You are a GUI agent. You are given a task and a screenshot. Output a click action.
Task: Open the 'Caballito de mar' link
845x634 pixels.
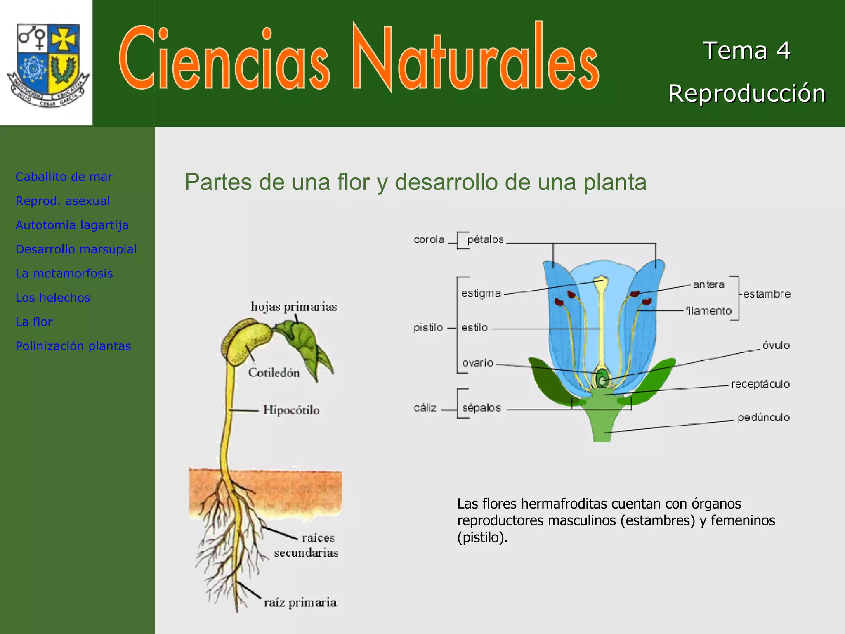(64, 177)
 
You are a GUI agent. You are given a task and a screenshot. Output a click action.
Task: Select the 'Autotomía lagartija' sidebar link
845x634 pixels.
(72, 225)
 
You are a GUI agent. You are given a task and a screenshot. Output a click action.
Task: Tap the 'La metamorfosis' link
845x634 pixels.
(64, 273)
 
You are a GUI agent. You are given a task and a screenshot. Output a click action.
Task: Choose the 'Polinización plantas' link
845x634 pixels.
(73, 346)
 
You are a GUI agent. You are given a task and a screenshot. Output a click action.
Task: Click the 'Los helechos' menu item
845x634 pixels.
(53, 298)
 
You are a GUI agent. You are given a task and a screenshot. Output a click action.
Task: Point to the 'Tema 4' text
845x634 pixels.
(746, 50)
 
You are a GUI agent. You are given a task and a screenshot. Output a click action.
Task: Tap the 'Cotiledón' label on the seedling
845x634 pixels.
(274, 373)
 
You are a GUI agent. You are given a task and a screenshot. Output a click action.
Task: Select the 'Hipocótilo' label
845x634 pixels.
(291, 410)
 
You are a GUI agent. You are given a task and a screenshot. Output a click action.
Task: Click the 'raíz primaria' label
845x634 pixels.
(300, 603)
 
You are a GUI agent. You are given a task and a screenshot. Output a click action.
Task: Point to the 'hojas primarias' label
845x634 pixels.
(294, 307)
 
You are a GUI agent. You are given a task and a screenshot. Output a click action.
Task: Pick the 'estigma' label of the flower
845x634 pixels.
(481, 293)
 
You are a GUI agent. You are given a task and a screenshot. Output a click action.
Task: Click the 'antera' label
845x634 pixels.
(708, 284)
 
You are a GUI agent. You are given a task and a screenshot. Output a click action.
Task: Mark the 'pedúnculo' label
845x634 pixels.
(764, 417)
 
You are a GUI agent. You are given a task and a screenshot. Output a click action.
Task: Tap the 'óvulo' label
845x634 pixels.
(776, 345)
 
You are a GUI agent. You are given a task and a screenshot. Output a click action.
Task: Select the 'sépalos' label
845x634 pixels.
(482, 408)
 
